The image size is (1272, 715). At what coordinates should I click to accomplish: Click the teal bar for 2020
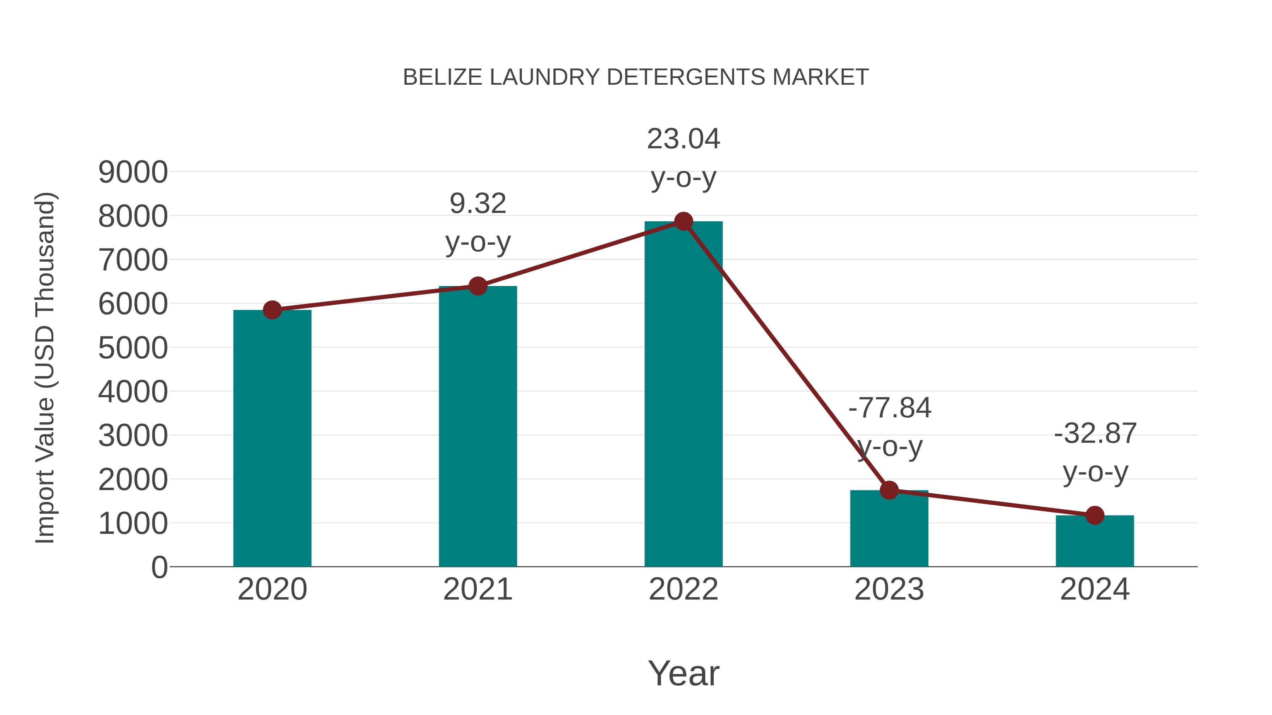(x=272, y=439)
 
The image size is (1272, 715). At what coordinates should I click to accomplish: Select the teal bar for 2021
(x=477, y=427)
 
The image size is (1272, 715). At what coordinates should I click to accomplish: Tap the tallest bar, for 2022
(x=683, y=395)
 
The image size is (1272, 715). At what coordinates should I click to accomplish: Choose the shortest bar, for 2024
(x=1095, y=542)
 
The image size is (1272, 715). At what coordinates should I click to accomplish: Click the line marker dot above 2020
(x=272, y=310)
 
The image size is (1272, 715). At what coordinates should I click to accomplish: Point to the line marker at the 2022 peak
(x=683, y=221)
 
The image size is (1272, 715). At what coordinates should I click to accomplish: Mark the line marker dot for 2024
(x=1095, y=515)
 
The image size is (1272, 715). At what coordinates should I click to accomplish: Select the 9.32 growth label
(x=477, y=204)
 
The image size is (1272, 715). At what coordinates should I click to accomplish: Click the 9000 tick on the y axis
(x=133, y=173)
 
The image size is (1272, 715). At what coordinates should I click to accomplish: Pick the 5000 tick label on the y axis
(x=133, y=348)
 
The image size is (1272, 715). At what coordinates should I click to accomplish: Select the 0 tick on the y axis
(x=159, y=567)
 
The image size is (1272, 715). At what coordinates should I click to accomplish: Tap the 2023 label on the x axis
(x=889, y=589)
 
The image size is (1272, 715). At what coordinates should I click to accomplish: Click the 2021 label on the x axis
(x=477, y=589)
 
